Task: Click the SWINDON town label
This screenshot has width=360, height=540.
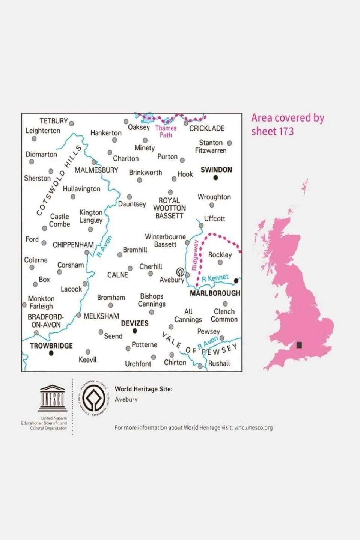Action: tap(216, 170)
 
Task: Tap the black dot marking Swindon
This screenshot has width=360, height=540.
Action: tap(216, 178)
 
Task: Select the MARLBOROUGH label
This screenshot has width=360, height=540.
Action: tap(215, 293)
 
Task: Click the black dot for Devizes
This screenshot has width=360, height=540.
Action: tap(135, 331)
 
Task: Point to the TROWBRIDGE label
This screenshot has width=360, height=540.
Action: tap(51, 346)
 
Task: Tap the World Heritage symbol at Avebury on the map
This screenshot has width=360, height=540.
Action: tap(180, 272)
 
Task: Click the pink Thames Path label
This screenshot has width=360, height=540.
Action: tap(166, 131)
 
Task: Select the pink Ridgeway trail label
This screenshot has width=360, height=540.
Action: tap(195, 255)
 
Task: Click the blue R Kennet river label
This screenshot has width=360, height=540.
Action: tap(215, 278)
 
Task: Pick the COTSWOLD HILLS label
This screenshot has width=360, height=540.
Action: tap(59, 181)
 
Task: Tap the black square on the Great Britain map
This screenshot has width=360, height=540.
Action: tap(299, 345)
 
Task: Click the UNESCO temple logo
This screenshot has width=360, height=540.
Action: tap(53, 398)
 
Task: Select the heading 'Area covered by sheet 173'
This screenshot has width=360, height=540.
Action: tap(288, 125)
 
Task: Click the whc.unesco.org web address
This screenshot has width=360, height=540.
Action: tap(253, 427)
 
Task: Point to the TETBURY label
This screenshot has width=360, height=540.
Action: tap(54, 121)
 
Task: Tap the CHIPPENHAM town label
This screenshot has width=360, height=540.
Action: tap(73, 245)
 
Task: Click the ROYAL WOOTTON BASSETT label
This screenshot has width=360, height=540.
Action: tap(169, 208)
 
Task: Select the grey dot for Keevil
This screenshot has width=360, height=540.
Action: tap(88, 352)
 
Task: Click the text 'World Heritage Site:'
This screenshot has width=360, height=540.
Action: tap(143, 389)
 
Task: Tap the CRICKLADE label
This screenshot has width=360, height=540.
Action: tap(206, 128)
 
